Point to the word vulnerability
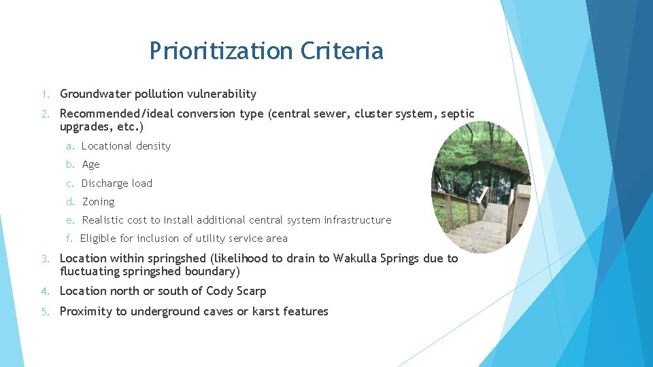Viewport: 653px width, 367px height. click(220, 94)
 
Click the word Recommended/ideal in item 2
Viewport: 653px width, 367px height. click(116, 113)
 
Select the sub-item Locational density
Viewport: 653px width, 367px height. click(126, 146)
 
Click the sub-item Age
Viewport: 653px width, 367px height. click(90, 164)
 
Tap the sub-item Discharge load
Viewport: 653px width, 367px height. click(117, 183)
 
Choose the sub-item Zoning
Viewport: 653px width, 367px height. click(99, 202)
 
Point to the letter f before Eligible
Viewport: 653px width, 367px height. click(69, 239)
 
